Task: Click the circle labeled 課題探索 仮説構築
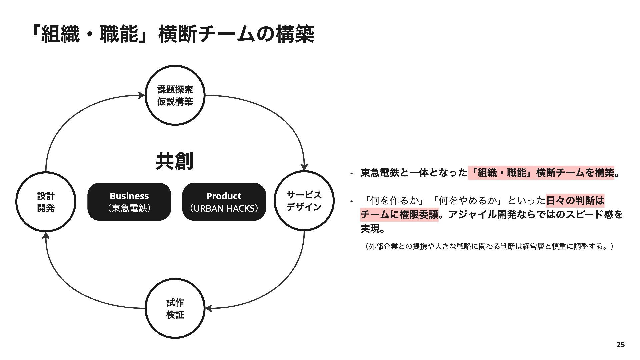click(175, 95)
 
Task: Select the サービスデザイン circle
click(304, 201)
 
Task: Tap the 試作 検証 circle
click(175, 308)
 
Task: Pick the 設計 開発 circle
click(46, 202)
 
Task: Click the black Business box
click(129, 202)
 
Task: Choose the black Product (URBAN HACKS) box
click(224, 202)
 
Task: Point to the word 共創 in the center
click(174, 161)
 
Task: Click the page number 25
click(620, 345)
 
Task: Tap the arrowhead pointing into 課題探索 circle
click(142, 96)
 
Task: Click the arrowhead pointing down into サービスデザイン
click(304, 166)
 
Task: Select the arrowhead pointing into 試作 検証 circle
click(209, 308)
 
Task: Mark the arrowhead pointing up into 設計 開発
click(46, 236)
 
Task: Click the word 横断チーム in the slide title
click(197, 34)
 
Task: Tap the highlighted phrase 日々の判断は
click(575, 200)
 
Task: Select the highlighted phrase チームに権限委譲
click(399, 215)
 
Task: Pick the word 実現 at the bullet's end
click(370, 229)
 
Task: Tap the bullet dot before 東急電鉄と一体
click(351, 173)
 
